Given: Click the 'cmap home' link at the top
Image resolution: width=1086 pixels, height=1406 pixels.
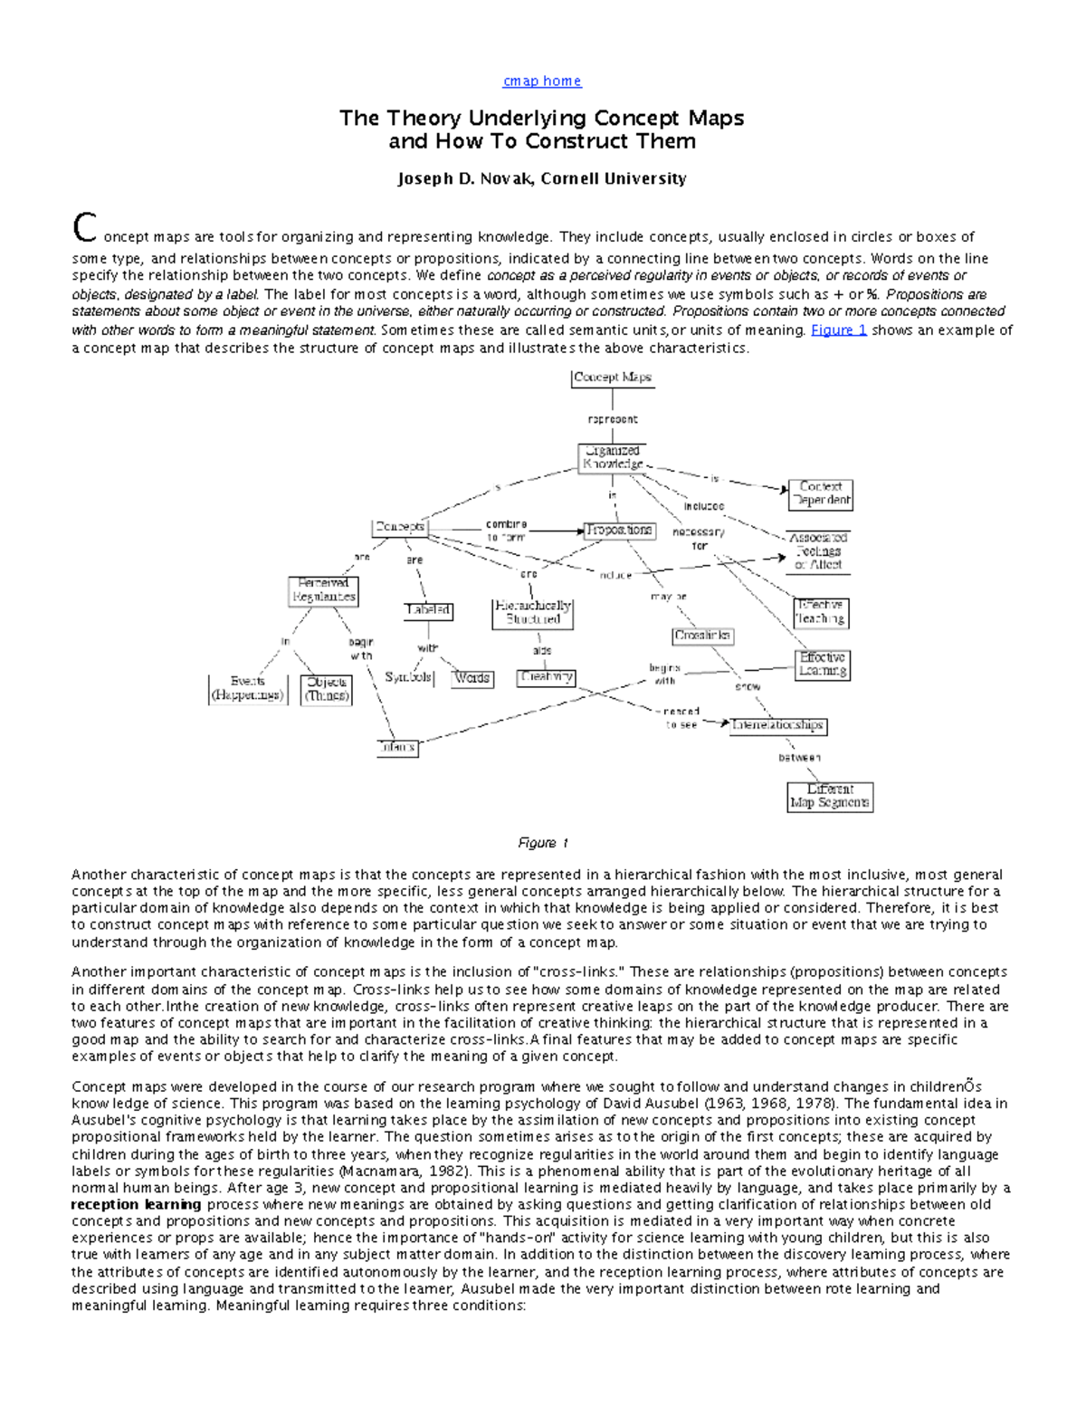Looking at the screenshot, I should pos(541,81).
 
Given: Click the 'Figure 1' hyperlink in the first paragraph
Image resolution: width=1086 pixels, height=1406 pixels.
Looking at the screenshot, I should pos(838,330).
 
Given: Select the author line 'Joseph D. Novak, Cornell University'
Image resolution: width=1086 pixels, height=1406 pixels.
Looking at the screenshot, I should pos(541,179).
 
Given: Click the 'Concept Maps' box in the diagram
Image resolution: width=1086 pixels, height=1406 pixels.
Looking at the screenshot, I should pos(613,378).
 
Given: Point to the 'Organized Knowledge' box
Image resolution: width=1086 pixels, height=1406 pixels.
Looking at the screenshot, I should pos(613,457).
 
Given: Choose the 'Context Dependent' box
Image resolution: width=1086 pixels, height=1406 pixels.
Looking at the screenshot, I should pos(821,493).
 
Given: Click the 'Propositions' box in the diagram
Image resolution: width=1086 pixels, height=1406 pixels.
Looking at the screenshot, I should pos(618,530).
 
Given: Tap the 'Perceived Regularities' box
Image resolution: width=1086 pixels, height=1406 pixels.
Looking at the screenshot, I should pos(323,590).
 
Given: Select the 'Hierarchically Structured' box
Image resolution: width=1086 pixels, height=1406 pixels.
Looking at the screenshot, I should pos(533,613).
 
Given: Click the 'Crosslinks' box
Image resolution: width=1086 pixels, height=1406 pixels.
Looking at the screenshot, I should pos(702,636).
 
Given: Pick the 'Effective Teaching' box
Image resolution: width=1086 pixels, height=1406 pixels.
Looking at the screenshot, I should pos(821,612).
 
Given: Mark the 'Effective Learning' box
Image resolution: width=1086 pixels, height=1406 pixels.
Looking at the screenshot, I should pos(823,665).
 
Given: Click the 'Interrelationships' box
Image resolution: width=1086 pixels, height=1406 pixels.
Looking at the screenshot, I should pos(778,725).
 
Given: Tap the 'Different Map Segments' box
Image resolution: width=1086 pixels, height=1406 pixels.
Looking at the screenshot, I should pos(830,796).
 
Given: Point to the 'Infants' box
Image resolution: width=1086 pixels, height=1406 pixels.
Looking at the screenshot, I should pos(397,747).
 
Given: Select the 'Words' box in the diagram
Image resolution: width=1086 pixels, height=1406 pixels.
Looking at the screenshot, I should pos(472,678).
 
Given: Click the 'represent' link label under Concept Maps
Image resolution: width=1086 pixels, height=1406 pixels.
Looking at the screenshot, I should pos(613,419).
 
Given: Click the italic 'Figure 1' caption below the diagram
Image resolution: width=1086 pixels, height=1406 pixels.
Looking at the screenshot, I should pos(542,843).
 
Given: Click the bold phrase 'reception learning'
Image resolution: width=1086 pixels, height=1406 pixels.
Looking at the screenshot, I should pos(137,1205).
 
